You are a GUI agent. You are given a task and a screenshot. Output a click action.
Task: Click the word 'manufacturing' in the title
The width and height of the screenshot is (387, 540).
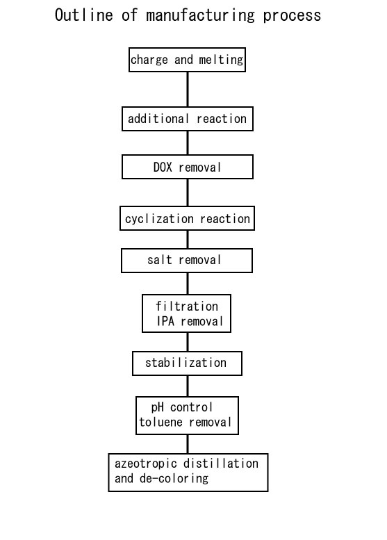200,16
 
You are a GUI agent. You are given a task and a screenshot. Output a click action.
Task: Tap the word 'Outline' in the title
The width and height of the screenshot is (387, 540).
83,15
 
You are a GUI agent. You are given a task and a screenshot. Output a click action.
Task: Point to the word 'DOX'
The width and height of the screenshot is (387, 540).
163,167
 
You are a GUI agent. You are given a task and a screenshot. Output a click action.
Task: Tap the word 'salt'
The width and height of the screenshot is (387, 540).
159,260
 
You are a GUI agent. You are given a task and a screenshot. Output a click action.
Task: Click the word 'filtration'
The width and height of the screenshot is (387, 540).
187,306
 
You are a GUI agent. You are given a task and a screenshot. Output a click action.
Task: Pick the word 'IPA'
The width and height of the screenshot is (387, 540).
165,321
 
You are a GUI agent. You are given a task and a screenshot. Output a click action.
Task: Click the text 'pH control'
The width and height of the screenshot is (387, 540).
182,407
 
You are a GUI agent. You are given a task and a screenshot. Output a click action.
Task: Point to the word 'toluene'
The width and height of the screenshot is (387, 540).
160,423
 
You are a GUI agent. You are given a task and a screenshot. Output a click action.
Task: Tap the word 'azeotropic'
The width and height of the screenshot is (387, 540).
146,464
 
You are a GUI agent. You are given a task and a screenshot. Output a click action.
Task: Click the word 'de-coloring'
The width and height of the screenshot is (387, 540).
174,479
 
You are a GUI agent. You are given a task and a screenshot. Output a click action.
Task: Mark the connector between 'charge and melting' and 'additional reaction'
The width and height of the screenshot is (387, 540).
188,90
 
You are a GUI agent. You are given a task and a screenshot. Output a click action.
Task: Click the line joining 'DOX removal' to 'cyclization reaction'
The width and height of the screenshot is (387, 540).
188,193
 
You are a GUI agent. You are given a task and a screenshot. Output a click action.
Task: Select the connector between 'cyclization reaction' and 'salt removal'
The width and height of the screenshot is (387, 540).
188,240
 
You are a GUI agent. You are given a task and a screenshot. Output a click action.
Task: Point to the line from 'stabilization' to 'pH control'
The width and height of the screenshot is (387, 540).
188,386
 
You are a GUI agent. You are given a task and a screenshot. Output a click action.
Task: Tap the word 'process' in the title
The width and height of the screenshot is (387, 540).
292,16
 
